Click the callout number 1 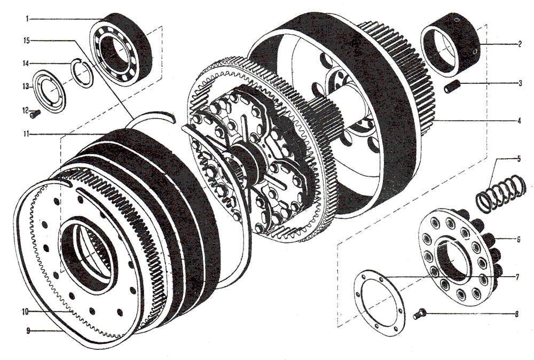(x=27, y=19)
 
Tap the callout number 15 (x=26, y=41)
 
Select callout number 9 (x=28, y=331)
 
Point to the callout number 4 (x=519, y=121)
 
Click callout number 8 (x=516, y=314)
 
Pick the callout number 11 (x=26, y=134)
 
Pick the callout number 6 (x=518, y=239)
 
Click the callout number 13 (x=26, y=87)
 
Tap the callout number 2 (x=520, y=44)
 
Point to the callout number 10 (x=25, y=311)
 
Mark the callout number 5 (x=519, y=159)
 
